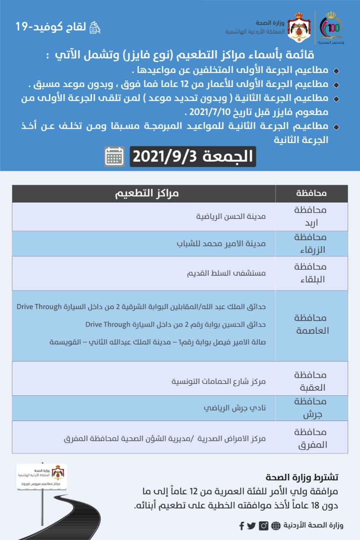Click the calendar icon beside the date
point(114,156)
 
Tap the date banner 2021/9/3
point(192,156)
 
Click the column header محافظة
point(311,194)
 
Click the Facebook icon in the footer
point(242,526)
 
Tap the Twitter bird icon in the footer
point(252,526)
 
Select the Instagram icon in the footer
point(264,526)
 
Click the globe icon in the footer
point(275,526)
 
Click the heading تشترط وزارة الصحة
point(302,478)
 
